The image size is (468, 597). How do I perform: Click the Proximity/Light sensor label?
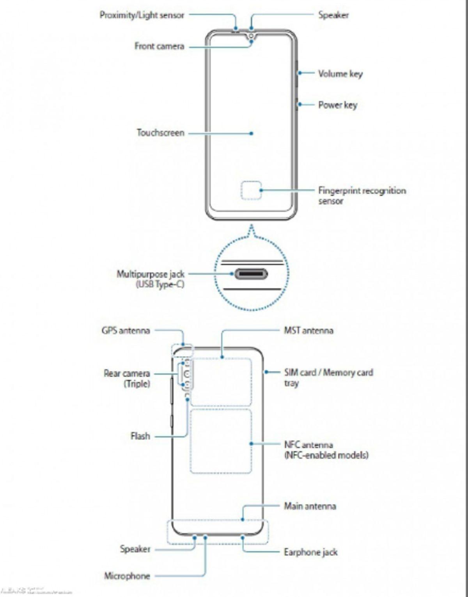[142, 15]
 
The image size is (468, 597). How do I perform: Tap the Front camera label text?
[159, 46]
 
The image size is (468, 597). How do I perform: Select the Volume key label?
[340, 74]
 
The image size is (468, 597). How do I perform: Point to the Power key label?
[337, 105]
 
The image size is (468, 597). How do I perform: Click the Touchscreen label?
[160, 133]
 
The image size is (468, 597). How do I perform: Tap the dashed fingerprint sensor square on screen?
[251, 190]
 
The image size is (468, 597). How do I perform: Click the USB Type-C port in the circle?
[251, 274]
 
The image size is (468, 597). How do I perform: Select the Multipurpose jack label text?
[151, 274]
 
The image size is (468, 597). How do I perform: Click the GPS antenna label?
[126, 330]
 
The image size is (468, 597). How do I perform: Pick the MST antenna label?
[308, 330]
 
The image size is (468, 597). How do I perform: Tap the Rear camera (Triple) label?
[127, 378]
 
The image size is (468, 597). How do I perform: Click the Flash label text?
[140, 436]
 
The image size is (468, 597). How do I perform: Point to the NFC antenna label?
[308, 445]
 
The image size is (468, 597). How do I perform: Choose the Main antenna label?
[310, 506]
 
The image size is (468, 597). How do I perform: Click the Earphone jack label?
[310, 552]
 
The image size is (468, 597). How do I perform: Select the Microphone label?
[127, 576]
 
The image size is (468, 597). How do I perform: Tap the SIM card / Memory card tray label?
[328, 373]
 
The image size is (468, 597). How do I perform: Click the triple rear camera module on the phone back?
[187, 375]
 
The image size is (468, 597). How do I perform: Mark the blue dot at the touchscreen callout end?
[252, 133]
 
